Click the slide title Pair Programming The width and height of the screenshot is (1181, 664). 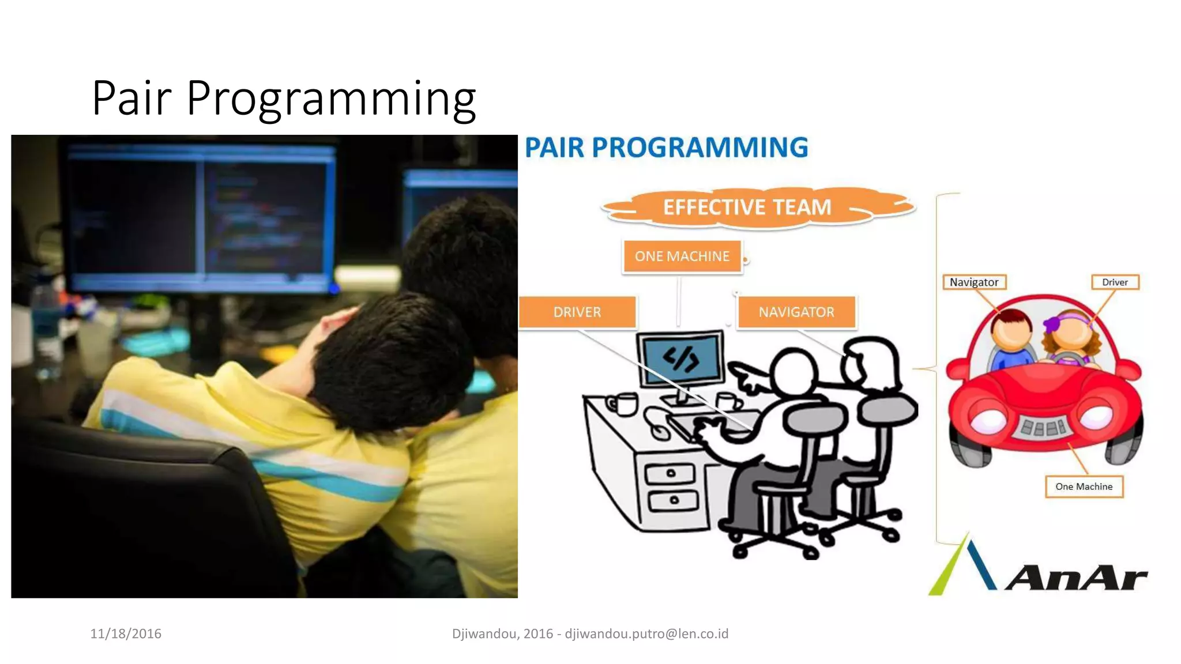click(284, 98)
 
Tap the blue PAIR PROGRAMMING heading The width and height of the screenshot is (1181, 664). click(666, 148)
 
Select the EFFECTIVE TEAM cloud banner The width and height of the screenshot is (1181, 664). click(747, 207)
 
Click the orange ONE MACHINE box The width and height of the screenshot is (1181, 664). click(682, 256)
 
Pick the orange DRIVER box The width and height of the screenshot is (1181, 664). click(577, 312)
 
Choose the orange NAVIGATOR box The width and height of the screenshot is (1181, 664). click(796, 312)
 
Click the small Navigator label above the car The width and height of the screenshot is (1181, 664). click(974, 282)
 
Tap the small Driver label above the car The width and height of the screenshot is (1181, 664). click(1115, 282)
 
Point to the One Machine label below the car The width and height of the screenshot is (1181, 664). click(1084, 486)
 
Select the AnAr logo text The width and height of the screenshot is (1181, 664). click(1076, 578)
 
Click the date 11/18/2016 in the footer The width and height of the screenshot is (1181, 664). click(126, 633)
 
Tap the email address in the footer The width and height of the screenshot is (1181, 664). click(646, 633)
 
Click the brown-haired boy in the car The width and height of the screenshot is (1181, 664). click(1011, 334)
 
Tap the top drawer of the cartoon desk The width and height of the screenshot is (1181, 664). click(670, 474)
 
